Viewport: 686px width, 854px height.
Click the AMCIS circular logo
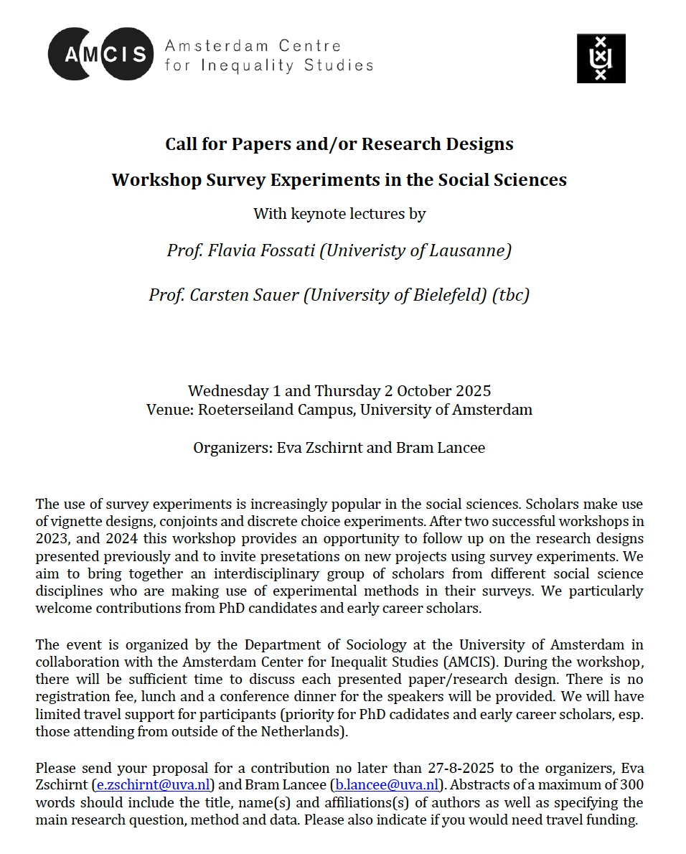pyautogui.click(x=100, y=54)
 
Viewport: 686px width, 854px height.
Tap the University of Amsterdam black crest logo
pyautogui.click(x=601, y=58)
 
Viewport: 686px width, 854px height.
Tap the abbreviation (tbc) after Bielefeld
pyautogui.click(x=510, y=295)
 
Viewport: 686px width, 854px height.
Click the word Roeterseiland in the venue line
pyautogui.click(x=241, y=410)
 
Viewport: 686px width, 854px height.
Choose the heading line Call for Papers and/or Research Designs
pyautogui.click(x=339, y=144)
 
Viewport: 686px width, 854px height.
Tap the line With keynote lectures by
pyautogui.click(x=339, y=214)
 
